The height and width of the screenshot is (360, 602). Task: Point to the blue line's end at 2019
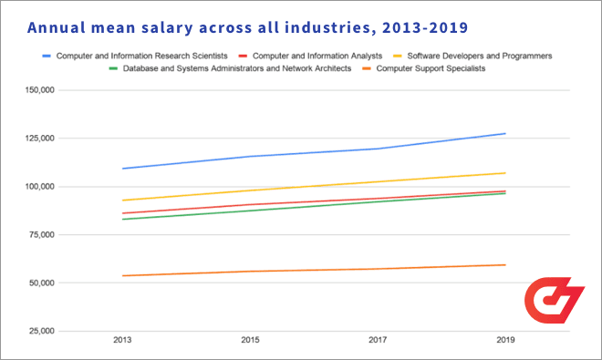pos(505,134)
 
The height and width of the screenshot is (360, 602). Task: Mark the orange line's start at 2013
pos(122,275)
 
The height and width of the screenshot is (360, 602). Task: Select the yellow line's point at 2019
pos(505,173)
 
